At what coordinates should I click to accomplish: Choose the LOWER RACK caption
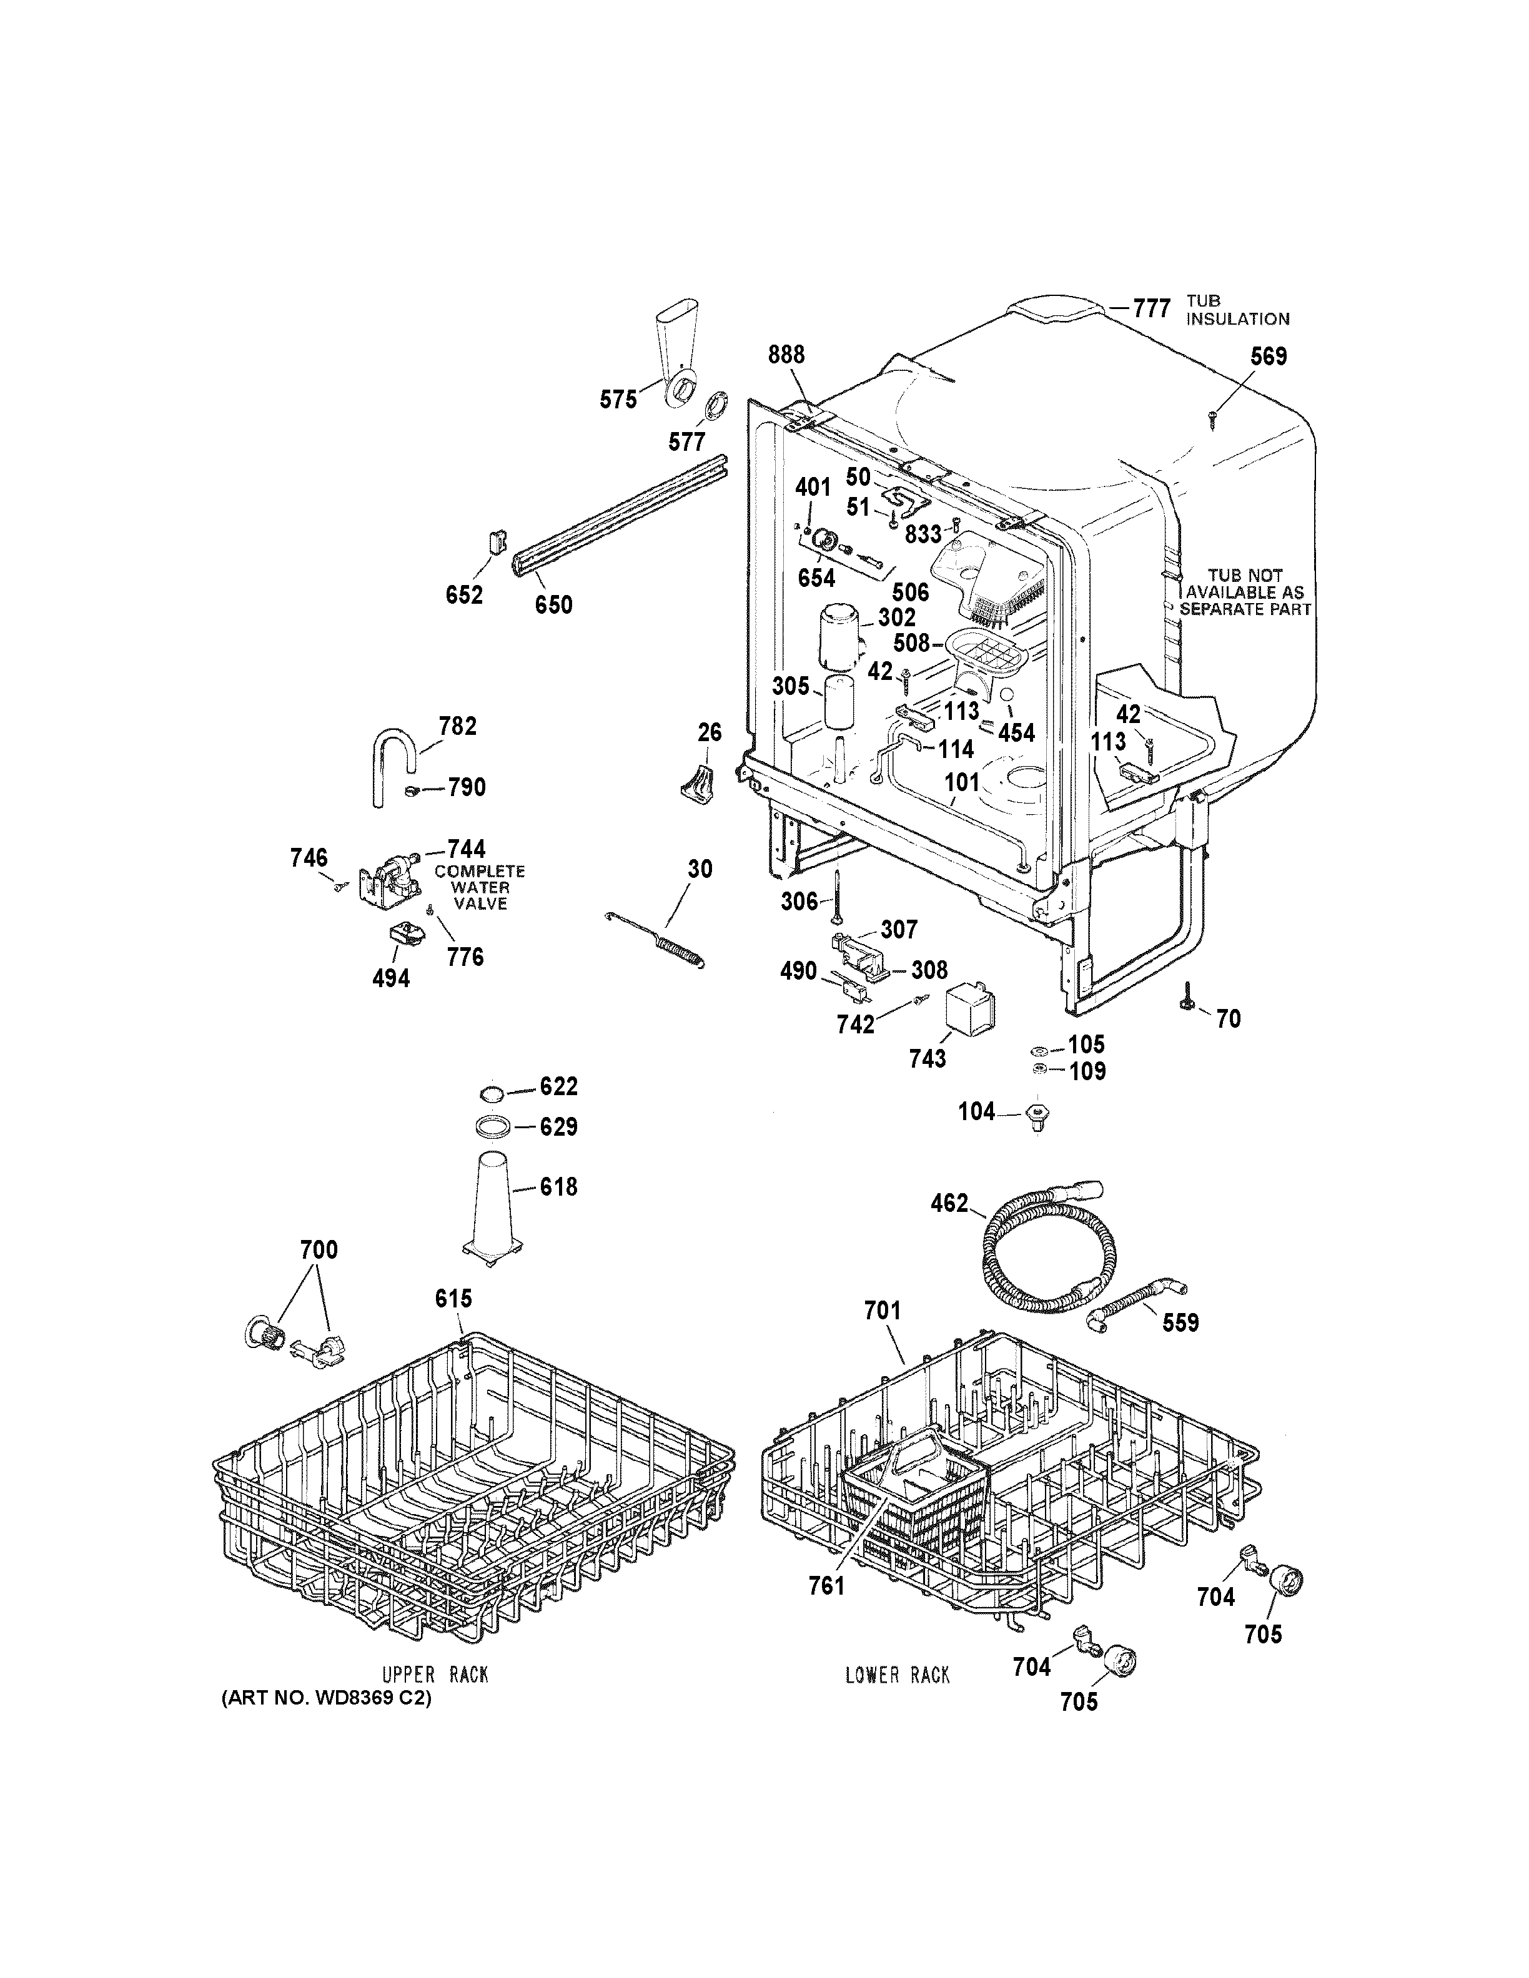click(897, 1676)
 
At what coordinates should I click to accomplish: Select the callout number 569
click(1268, 357)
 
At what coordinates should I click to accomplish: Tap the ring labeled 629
click(492, 1126)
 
